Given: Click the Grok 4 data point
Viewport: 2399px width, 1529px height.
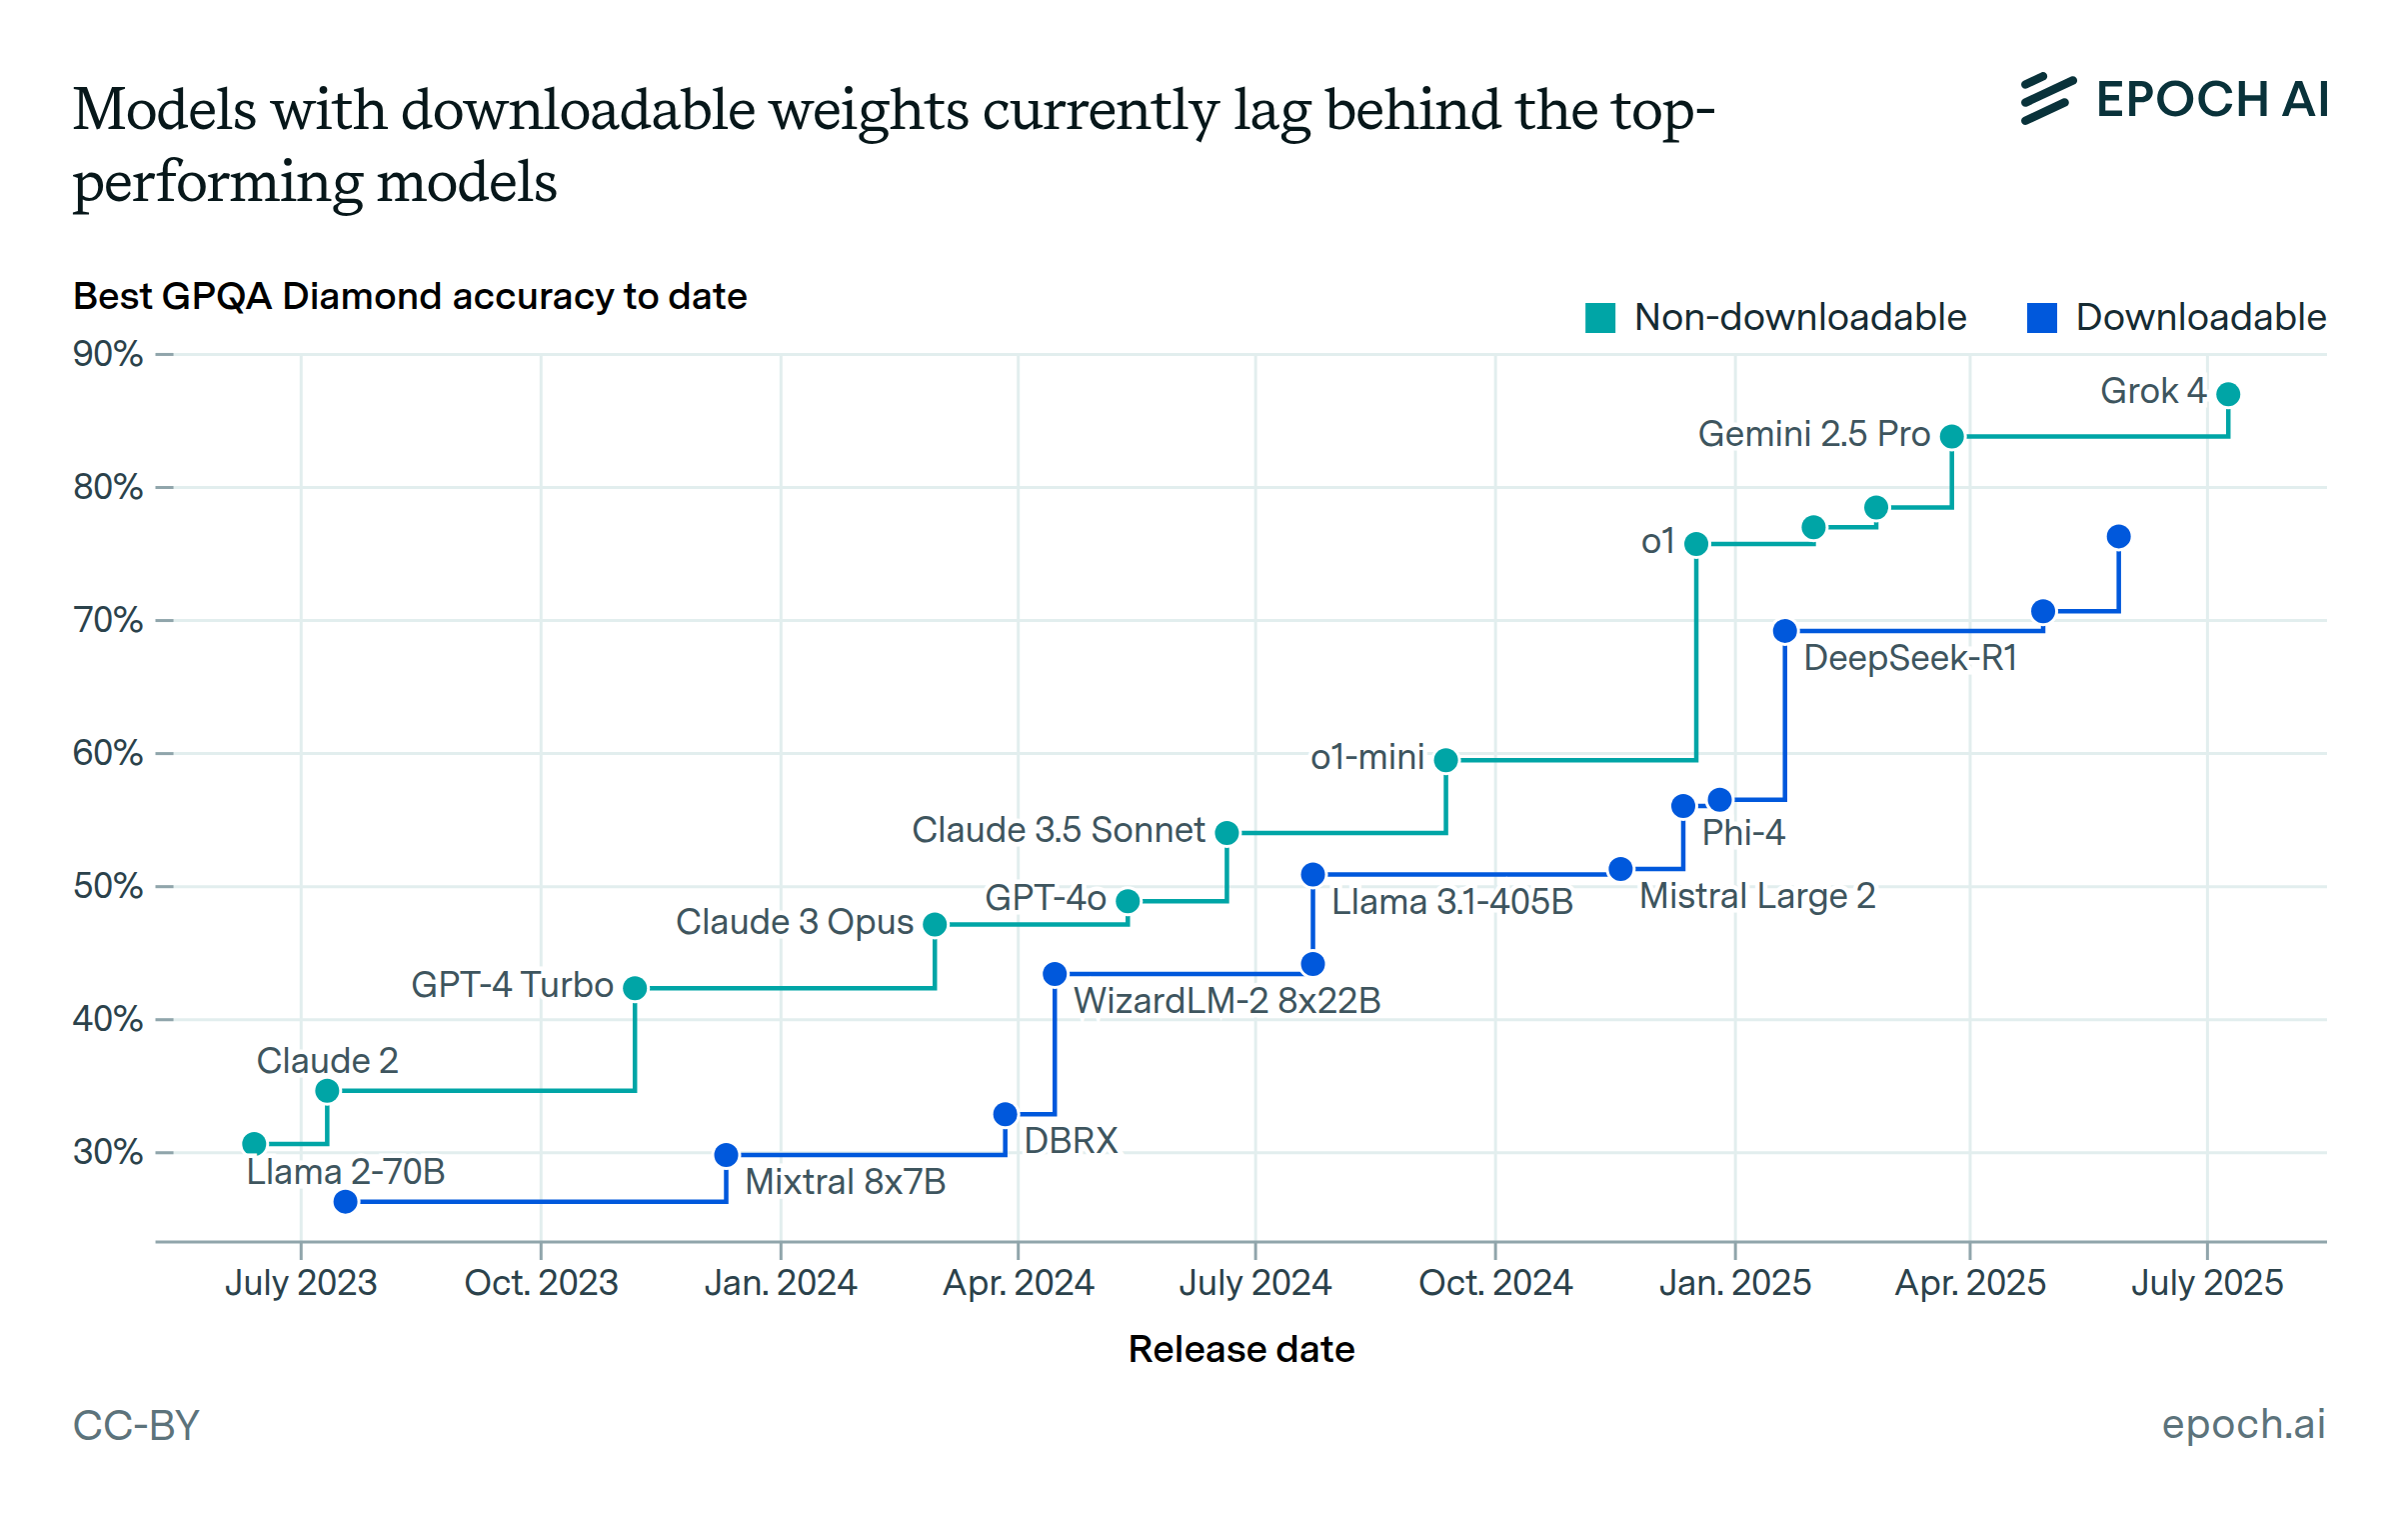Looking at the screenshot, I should [x=2228, y=394].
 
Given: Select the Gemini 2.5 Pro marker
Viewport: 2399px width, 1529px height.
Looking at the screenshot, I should [x=1951, y=436].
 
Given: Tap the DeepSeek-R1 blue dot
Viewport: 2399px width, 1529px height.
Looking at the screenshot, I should [x=1785, y=631].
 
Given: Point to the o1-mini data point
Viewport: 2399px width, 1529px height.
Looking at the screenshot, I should [x=1445, y=760].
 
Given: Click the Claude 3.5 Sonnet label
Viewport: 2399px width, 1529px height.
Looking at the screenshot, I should [x=1058, y=830].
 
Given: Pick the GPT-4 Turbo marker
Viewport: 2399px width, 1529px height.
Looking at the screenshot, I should [x=635, y=988].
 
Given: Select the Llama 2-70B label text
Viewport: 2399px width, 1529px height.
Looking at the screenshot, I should [x=345, y=1171].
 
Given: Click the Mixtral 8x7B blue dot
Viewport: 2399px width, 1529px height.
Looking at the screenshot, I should [x=727, y=1155].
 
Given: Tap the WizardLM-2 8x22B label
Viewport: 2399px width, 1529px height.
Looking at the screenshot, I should [x=1226, y=1000].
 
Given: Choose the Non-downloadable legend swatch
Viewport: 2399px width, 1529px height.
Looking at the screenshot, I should [x=1600, y=318].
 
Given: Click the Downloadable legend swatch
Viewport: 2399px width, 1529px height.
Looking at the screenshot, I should [x=2041, y=318].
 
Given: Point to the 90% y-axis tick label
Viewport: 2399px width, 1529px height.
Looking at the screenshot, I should [x=108, y=354].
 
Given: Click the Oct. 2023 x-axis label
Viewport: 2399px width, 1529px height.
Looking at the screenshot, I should [x=541, y=1282].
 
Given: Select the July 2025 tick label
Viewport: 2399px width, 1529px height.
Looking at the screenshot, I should [x=2207, y=1282].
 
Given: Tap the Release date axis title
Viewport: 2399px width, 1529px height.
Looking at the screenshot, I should [x=1240, y=1349].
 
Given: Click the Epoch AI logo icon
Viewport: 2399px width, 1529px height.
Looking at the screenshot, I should [x=2047, y=99].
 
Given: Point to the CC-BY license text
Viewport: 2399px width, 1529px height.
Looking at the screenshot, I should [x=136, y=1425].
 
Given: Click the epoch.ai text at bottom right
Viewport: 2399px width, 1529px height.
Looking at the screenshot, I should [x=2243, y=1423].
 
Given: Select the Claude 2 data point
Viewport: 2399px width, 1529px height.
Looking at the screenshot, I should [x=327, y=1090].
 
